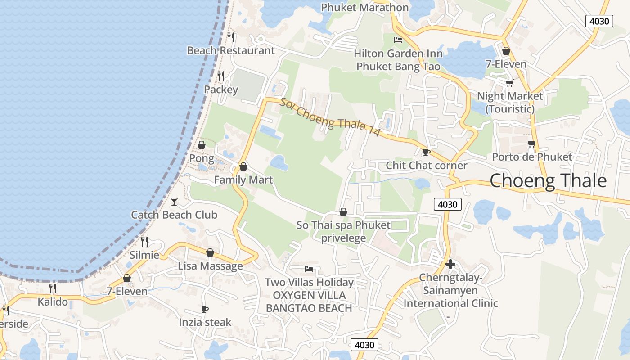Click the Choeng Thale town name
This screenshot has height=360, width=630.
(x=548, y=181)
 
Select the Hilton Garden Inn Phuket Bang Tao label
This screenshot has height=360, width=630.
(x=398, y=60)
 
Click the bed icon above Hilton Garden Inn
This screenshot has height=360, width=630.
(x=398, y=40)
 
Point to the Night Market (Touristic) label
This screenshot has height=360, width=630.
(x=510, y=102)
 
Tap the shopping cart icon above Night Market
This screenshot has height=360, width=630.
(x=510, y=83)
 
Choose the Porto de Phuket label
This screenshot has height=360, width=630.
(x=532, y=157)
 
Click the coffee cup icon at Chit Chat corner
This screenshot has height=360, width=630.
(x=426, y=152)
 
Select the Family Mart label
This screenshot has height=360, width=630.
(x=243, y=180)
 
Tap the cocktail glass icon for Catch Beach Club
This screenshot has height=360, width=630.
(x=174, y=201)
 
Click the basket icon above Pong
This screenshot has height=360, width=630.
(x=202, y=145)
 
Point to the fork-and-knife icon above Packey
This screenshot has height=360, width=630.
(x=221, y=76)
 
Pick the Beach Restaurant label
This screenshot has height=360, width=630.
(x=230, y=50)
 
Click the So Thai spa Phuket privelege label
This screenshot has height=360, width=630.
(x=343, y=231)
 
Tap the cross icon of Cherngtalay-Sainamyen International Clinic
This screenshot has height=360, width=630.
(x=450, y=264)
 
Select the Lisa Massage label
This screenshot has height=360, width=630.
(x=210, y=266)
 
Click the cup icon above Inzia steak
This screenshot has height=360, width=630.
(x=205, y=309)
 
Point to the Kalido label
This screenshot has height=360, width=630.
(x=53, y=301)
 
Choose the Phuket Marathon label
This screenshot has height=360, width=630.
(x=364, y=7)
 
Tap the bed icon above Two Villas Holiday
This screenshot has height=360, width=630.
(x=309, y=269)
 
